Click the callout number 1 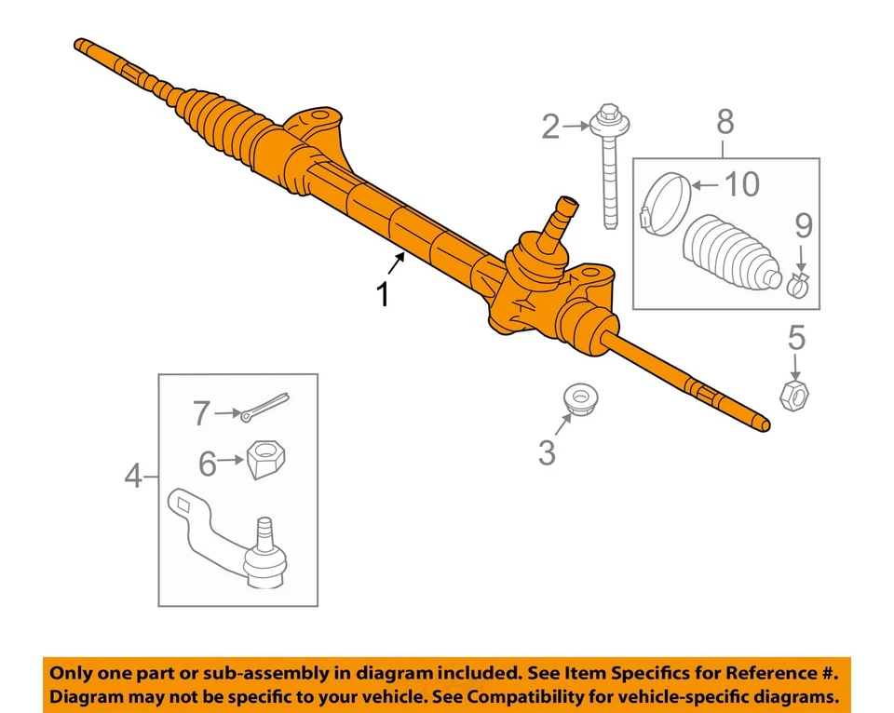point(382,293)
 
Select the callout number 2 point(550,127)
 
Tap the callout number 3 point(547,452)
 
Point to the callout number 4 point(134,477)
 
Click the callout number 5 point(796,337)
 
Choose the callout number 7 point(202,412)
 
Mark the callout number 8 point(725,121)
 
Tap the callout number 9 point(803,225)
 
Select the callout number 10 point(741,184)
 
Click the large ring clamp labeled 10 point(665,204)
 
